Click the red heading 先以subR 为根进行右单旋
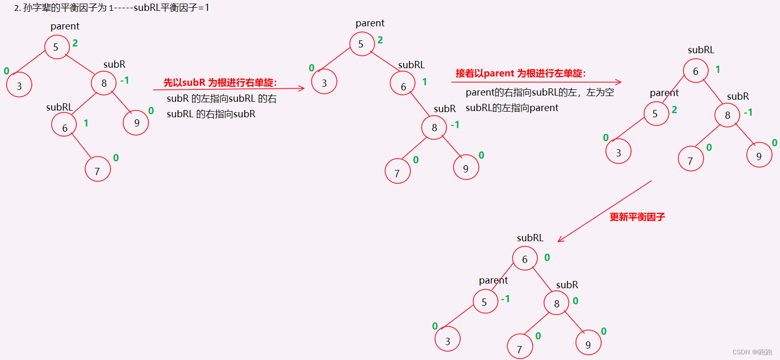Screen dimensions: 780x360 pyautogui.click(x=220, y=82)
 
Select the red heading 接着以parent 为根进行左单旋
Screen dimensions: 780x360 pyautogui.click(x=520, y=73)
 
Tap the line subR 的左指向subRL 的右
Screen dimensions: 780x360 pyautogui.click(x=221, y=99)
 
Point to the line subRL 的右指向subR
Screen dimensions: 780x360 pyautogui.click(x=211, y=114)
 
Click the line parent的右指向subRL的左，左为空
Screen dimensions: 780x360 pyautogui.click(x=539, y=93)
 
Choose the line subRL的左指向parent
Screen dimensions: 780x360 pyautogui.click(x=512, y=108)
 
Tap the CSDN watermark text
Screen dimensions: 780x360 pyautogui.click(x=754, y=352)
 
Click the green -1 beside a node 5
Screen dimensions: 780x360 pyautogui.click(x=505, y=299)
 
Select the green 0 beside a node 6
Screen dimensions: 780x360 pyautogui.click(x=547, y=257)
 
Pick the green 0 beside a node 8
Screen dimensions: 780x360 pyautogui.click(x=575, y=301)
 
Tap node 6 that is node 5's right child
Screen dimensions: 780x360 pyautogui.click(x=403, y=86)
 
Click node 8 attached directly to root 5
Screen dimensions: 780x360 pyautogui.click(x=104, y=83)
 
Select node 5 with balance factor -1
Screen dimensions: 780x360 pyautogui.click(x=484, y=302)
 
